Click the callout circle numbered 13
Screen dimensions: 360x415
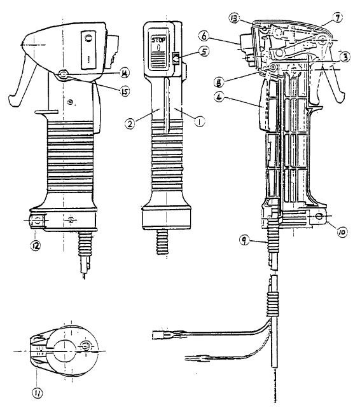pyautogui.click(x=235, y=18)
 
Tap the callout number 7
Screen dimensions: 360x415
pyautogui.click(x=337, y=18)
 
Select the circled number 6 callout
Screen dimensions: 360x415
pyautogui.click(x=204, y=36)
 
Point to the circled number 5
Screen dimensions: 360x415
pyautogui.click(x=204, y=51)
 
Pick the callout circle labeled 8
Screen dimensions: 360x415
pyautogui.click(x=219, y=82)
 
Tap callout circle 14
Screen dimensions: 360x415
pyautogui.click(x=124, y=74)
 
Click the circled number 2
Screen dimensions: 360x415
pyautogui.click(x=130, y=124)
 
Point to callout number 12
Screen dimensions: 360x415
pyautogui.click(x=36, y=246)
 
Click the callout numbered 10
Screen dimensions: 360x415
pyautogui.click(x=342, y=232)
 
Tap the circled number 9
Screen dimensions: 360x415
pyautogui.click(x=244, y=240)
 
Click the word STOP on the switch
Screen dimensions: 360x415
pyautogui.click(x=158, y=41)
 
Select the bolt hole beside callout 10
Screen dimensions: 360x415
pyautogui.click(x=319, y=216)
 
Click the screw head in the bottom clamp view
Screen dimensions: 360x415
pyautogui.click(x=86, y=346)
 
